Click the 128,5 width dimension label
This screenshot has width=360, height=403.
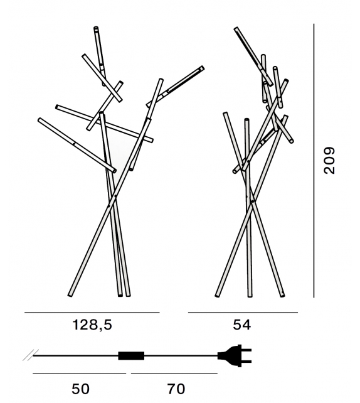coord(92,325)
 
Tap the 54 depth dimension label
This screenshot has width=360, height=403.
coord(241,325)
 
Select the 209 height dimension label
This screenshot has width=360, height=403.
coord(329,161)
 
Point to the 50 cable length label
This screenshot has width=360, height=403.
coord(80,389)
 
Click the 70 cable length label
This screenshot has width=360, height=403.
coord(176,389)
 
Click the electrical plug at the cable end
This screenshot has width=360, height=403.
coord(234,356)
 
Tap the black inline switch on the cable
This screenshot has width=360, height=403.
coord(131,356)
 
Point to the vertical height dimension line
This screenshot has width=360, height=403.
coord(314,161)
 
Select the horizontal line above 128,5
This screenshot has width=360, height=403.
coord(92,313)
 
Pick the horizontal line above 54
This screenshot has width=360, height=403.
coord(243,313)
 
